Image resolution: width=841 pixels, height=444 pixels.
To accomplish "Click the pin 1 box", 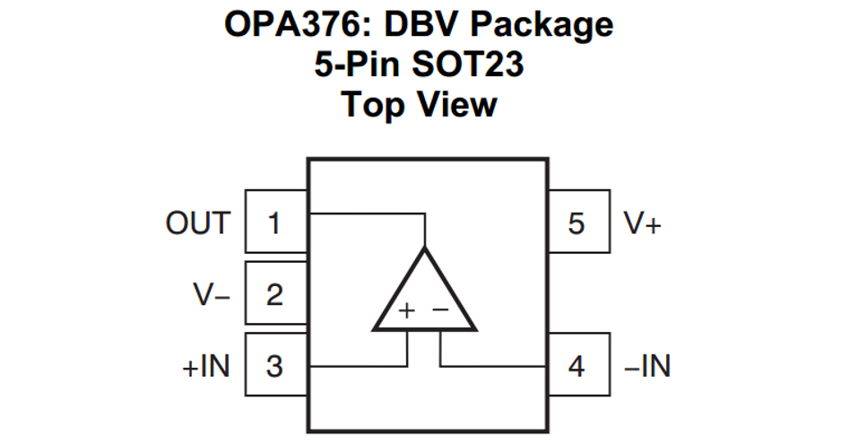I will pos(275,222).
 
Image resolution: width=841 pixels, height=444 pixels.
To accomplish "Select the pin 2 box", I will pos(275,294).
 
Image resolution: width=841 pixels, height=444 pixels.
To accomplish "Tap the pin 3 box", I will pos(275,367).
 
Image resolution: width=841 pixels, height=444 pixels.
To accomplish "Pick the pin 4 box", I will pos(577,367).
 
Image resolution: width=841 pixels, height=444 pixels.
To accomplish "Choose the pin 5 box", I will pos(577,222).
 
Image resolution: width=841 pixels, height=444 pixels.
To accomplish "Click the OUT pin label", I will pos(198,222).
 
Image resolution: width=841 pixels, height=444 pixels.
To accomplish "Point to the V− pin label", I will pos(212,294).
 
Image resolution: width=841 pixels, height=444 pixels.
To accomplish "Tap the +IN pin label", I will pos(206,367).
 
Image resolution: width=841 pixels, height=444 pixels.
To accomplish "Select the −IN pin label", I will pos(646,367).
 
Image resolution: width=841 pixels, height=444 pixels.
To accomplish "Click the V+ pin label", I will pos(643,222).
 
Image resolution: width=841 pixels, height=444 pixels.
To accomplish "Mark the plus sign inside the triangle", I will pos(407,310).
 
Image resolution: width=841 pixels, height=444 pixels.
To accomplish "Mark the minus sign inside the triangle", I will pos(441,310).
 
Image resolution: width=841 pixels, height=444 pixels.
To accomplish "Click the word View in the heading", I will pos(458,105).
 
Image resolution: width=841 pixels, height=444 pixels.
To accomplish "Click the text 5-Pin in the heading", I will pos(352,65).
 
